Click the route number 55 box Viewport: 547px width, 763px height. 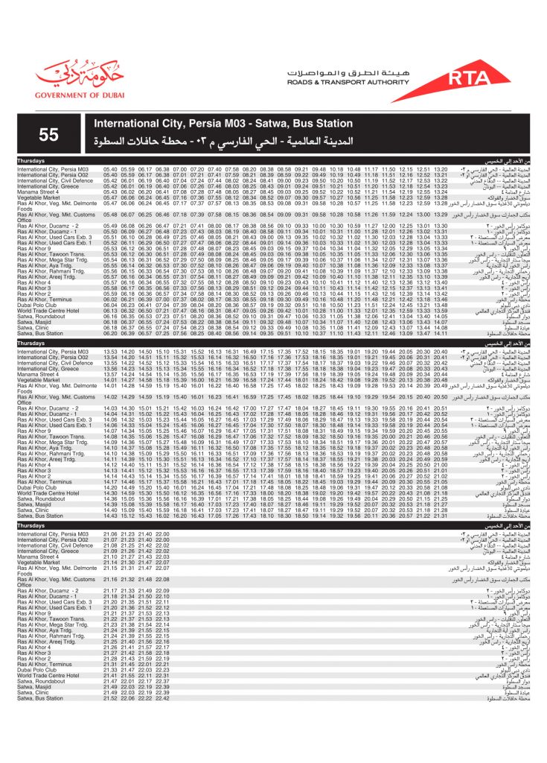point(49,134)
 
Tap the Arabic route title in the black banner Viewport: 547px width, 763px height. point(223,141)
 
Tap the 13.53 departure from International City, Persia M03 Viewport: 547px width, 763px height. point(111,351)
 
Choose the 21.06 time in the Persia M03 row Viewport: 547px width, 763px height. point(111,534)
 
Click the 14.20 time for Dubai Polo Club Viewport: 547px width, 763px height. point(111,487)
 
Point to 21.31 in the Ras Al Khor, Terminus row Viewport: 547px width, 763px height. point(111,664)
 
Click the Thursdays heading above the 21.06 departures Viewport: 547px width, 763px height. point(33,525)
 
